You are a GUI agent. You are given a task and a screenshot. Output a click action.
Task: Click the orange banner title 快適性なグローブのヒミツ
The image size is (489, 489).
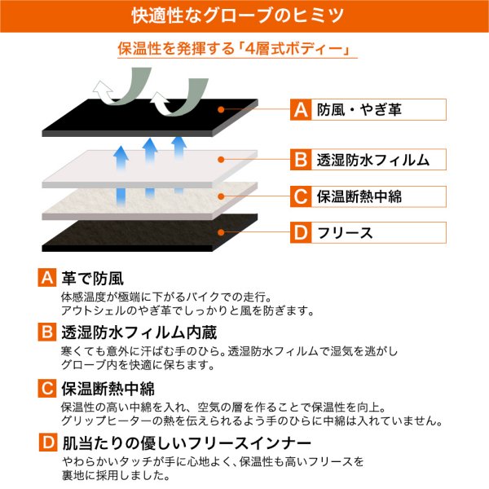click(238, 15)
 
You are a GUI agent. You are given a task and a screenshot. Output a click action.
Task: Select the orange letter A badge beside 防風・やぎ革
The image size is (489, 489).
click(301, 109)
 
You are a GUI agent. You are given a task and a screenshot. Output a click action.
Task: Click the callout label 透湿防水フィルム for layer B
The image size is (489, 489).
click(373, 160)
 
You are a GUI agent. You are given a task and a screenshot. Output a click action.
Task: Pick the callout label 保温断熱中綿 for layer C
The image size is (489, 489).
click(359, 196)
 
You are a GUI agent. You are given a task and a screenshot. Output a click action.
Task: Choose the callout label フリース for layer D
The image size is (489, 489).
click(345, 232)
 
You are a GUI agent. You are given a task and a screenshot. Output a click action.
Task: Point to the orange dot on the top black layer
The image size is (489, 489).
click(221, 109)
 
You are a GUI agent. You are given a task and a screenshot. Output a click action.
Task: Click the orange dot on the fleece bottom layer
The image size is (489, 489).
click(221, 232)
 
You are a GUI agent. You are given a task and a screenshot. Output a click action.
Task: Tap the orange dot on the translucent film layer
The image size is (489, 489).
click(221, 160)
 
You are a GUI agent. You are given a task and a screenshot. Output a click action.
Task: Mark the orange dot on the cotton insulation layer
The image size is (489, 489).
click(221, 196)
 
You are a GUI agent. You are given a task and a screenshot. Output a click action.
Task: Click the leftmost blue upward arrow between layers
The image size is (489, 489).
click(121, 174)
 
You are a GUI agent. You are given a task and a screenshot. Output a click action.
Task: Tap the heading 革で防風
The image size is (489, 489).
click(93, 278)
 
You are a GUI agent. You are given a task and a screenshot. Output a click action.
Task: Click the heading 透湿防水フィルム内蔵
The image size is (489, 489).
click(139, 333)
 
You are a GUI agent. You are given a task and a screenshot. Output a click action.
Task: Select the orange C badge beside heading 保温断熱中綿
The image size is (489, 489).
click(47, 388)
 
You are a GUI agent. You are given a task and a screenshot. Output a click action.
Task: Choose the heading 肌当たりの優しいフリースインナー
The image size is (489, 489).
click(187, 443)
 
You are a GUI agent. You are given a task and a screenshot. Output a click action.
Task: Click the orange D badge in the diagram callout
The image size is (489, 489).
click(301, 232)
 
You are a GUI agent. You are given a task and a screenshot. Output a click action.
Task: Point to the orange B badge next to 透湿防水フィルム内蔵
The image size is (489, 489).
click(47, 333)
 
